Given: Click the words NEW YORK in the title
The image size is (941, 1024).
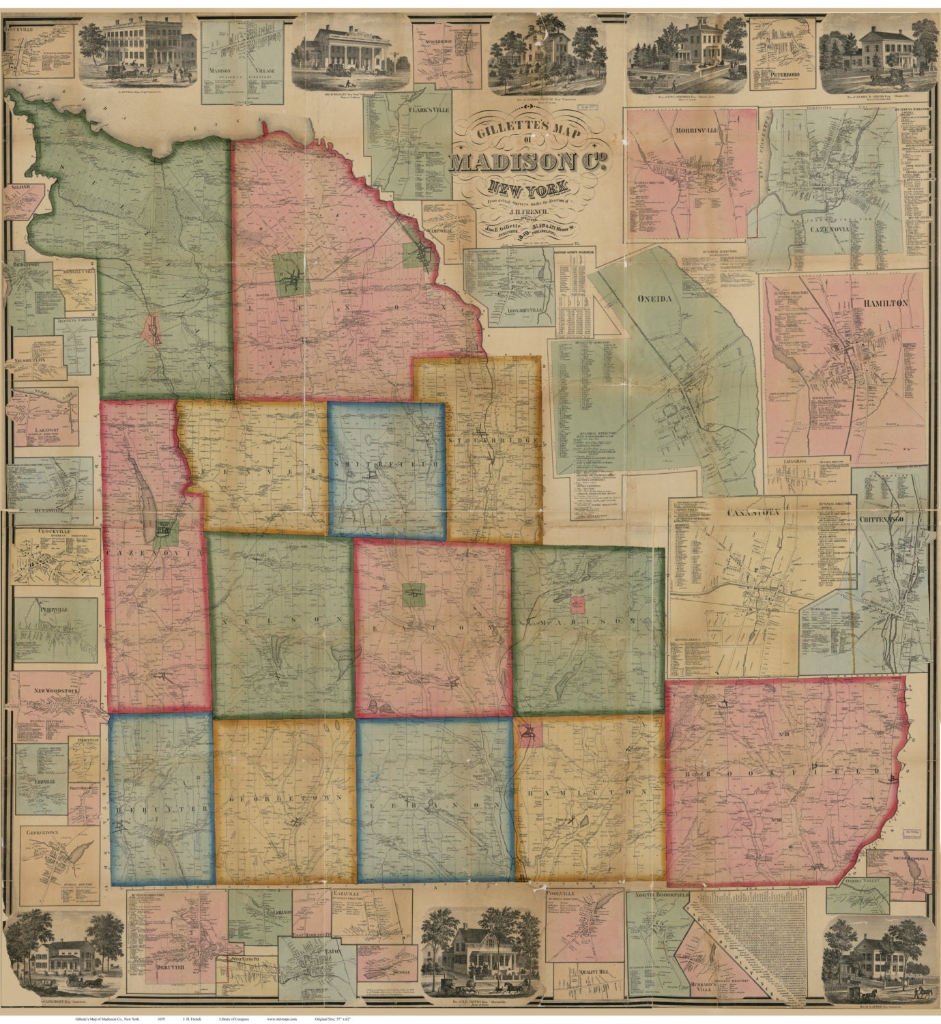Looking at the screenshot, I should click(x=525, y=186).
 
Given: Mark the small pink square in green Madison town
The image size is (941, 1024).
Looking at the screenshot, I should click(x=578, y=605).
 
